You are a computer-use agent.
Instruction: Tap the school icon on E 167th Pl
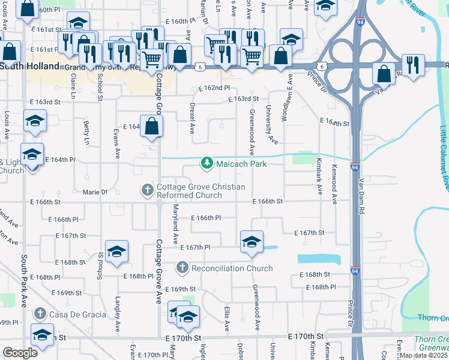pyautogui.click(x=251, y=242)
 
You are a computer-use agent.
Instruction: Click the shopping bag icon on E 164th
pyautogui.click(x=152, y=127)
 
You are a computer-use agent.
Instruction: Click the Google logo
pyautogui.click(x=20, y=353)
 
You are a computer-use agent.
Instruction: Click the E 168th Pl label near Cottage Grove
pyautogui.click(x=137, y=277)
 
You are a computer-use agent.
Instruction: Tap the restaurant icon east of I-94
pyautogui.click(x=412, y=65)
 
